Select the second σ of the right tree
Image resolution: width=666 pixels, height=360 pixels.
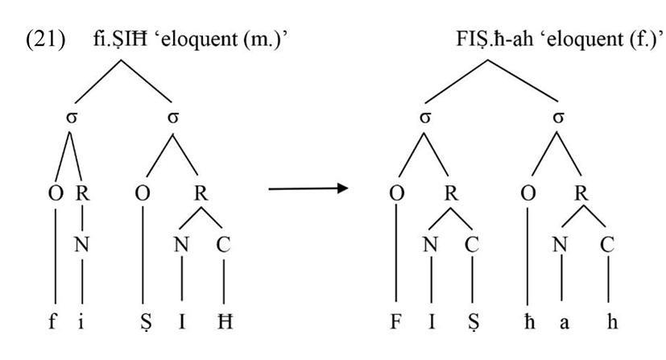[x=556, y=118]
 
